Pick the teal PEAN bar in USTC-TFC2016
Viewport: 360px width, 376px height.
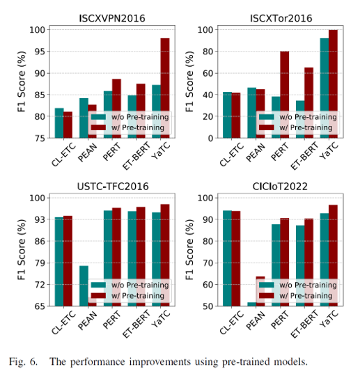tap(84, 285)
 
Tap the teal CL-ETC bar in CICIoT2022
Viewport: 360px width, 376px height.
tap(227, 258)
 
